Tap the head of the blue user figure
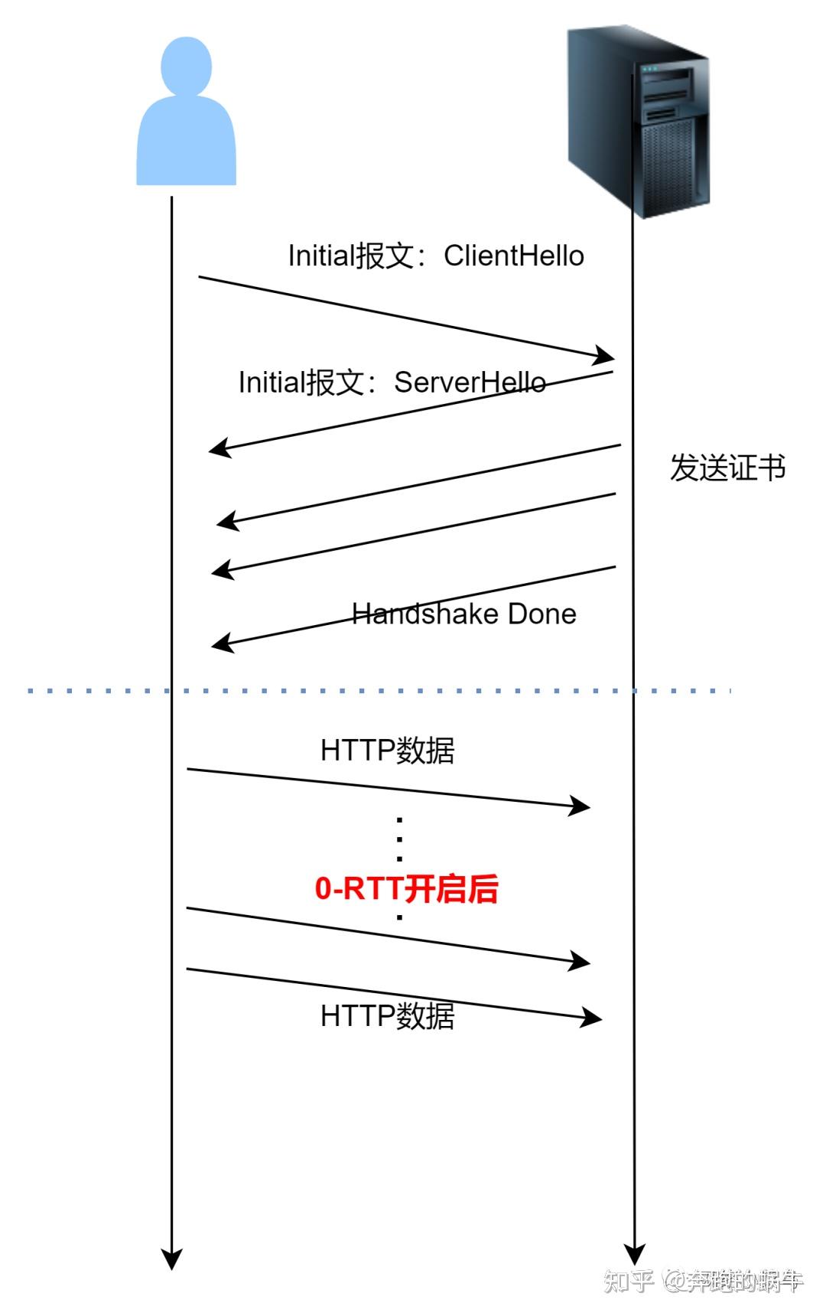click(186, 65)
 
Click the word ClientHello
click(513, 256)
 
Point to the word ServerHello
click(470, 382)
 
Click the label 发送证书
click(727, 467)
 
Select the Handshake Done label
click(463, 614)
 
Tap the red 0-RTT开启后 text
click(406, 888)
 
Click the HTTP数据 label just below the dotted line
click(387, 751)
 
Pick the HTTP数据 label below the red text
click(387, 1016)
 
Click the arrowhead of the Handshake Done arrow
click(221, 644)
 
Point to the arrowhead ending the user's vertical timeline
click(171, 1259)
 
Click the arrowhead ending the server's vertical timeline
click(634, 1254)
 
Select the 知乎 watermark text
click(628, 1281)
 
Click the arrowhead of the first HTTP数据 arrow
click(580, 806)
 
